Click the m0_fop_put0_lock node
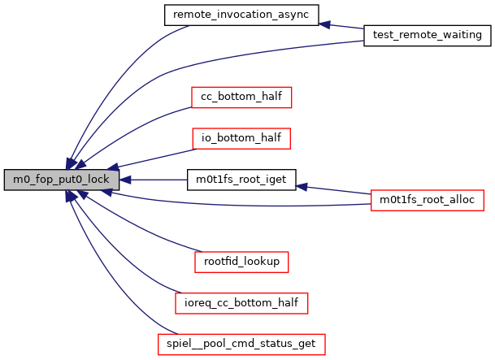pyautogui.click(x=62, y=179)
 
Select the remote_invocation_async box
pyautogui.click(x=241, y=14)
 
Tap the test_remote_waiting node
pyautogui.click(x=427, y=35)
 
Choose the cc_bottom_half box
pyautogui.click(x=241, y=97)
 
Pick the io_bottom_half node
pyautogui.click(x=241, y=138)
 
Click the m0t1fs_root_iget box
pyautogui.click(x=241, y=179)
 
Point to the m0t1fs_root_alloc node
pyautogui.click(x=428, y=199)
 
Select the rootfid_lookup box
pyautogui.click(x=241, y=262)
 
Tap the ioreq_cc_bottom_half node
pyautogui.click(x=241, y=303)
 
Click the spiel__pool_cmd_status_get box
pyautogui.click(x=241, y=344)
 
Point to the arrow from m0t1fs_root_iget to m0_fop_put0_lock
pyautogui.click(x=158, y=179)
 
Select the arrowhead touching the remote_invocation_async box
pyautogui.click(x=324, y=24)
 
